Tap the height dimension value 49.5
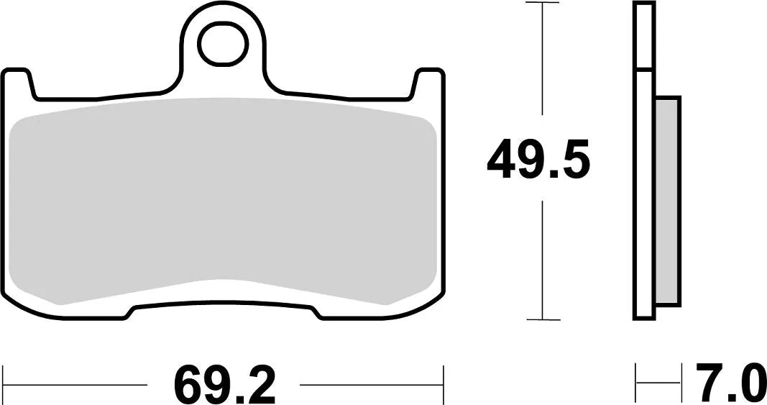click(538, 161)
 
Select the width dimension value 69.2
click(224, 386)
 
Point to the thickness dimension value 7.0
click(727, 384)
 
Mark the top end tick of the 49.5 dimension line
click(542, 3)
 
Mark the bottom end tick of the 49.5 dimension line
click(542, 319)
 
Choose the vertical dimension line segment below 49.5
click(542, 259)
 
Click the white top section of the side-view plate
click(644, 36)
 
